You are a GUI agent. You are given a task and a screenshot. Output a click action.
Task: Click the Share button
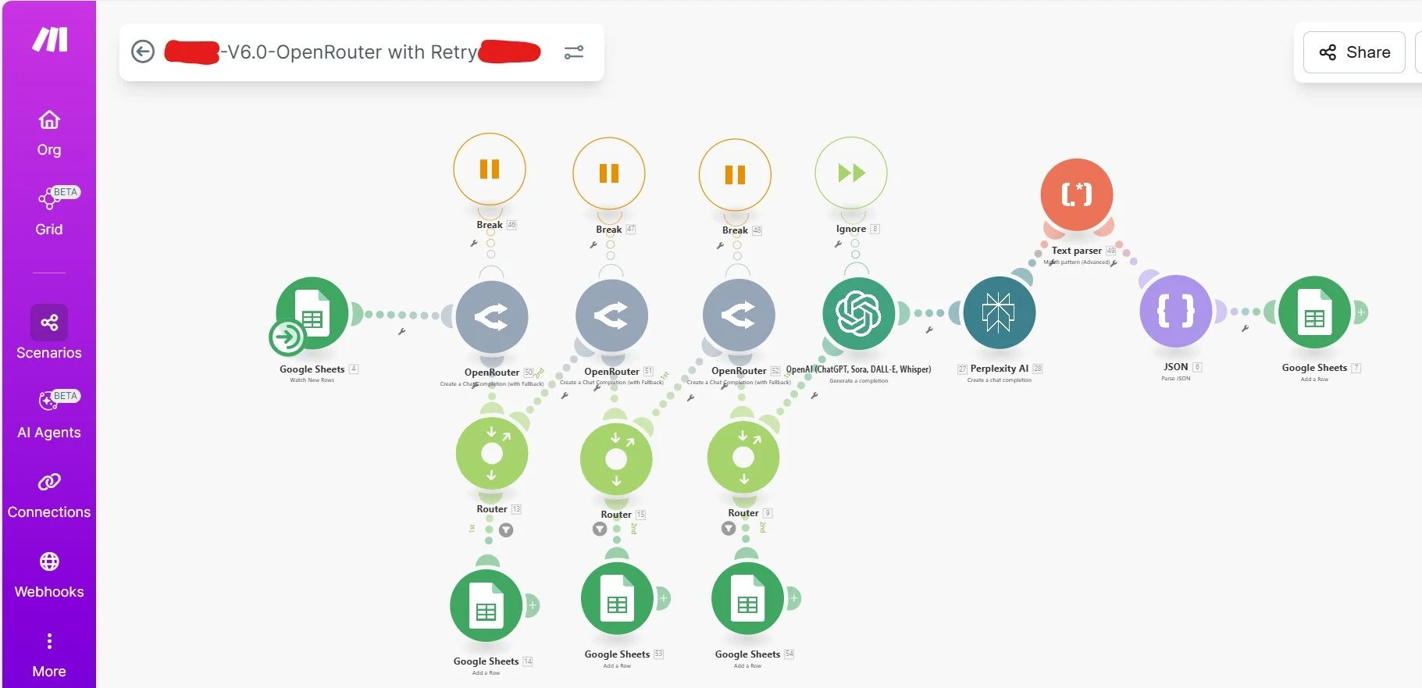click(1355, 52)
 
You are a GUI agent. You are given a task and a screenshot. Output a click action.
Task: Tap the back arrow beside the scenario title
click(143, 52)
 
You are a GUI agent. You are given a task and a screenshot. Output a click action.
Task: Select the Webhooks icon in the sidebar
click(49, 561)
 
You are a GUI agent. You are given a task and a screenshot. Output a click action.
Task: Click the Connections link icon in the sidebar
click(49, 482)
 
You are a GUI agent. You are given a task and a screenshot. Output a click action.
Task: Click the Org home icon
click(49, 120)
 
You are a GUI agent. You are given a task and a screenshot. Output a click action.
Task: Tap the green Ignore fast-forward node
click(851, 173)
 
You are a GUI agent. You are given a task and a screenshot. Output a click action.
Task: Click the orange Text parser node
click(1076, 194)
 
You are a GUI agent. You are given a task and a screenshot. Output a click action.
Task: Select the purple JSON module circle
click(1175, 312)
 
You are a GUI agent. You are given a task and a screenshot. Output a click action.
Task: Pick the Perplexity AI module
click(999, 312)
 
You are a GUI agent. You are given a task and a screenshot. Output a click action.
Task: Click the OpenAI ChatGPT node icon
click(858, 313)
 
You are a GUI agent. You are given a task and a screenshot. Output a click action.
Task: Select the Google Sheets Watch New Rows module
click(312, 313)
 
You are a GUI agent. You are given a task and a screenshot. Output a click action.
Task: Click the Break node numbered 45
click(490, 169)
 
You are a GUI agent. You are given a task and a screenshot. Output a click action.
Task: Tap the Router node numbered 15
click(616, 458)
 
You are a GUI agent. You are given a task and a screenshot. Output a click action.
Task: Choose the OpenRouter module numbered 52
click(739, 315)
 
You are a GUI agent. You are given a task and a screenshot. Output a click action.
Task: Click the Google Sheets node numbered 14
click(486, 606)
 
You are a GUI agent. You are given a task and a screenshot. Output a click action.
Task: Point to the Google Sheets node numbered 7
click(1314, 312)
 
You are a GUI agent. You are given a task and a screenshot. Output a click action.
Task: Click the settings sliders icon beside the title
click(574, 52)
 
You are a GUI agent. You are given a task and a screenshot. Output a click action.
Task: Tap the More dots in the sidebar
click(49, 641)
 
